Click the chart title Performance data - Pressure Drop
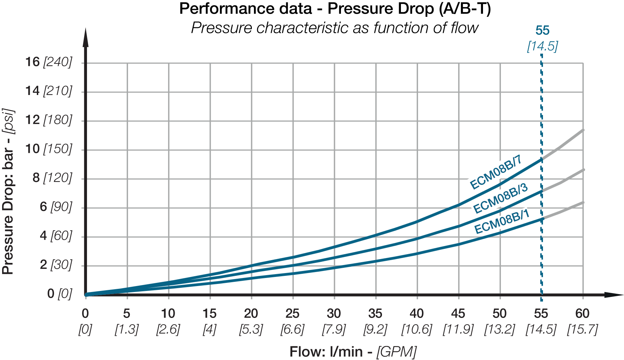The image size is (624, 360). (x=335, y=9)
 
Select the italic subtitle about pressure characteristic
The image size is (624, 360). (x=335, y=28)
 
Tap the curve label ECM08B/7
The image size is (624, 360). (x=496, y=172)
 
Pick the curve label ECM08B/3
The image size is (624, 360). (x=500, y=198)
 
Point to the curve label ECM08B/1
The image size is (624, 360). (x=502, y=222)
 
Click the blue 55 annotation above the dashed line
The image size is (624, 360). (x=542, y=31)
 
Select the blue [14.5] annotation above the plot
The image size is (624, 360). (x=542, y=46)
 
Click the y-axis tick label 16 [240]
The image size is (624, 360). (x=48, y=62)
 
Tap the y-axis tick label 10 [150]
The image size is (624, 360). (x=48, y=149)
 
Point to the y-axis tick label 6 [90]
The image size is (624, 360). (x=56, y=207)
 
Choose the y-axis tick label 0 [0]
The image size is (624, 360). (x=60, y=294)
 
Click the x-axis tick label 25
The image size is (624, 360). (x=293, y=313)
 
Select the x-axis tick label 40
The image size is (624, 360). (x=417, y=313)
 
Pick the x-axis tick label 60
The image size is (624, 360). (x=583, y=313)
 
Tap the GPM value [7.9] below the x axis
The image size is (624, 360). (x=334, y=330)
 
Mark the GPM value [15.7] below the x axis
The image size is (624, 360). (x=583, y=330)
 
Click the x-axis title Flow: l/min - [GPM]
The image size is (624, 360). (x=353, y=352)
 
